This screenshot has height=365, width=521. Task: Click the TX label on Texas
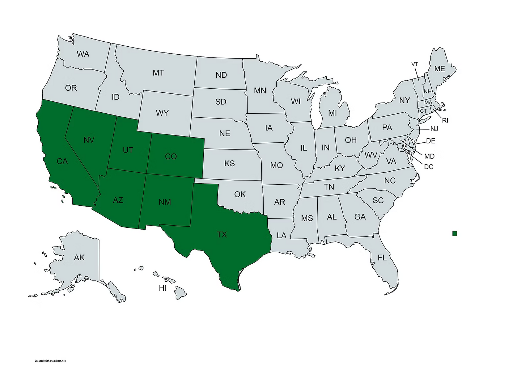pos(222,235)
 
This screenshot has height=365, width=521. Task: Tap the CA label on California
pos(62,161)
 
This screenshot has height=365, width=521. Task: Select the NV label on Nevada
pos(89,140)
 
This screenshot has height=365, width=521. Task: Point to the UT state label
pos(128,150)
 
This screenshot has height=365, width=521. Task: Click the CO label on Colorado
pos(171,156)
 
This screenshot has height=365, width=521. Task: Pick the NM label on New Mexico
pos(165,202)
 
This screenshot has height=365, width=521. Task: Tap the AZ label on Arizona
pos(118,200)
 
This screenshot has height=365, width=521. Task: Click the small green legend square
pos(455,234)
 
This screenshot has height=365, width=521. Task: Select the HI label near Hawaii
pos(163,288)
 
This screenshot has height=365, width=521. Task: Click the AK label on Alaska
pos(79,257)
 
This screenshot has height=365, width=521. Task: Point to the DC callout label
pos(429,167)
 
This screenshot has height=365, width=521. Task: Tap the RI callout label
pos(445,121)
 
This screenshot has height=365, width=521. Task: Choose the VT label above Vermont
pos(415,64)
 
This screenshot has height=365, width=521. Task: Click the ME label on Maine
pos(440,69)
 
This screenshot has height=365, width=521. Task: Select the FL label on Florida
pos(382,258)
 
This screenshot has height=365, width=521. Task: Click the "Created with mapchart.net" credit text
pos(50,361)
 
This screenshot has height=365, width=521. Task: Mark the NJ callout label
pos(434,129)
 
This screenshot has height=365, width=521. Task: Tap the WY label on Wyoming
pos(162,113)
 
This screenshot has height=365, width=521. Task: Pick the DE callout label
pos(431,141)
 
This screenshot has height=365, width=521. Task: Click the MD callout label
pos(429,156)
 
